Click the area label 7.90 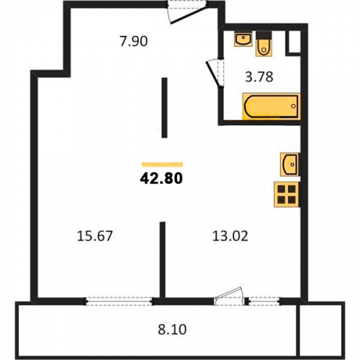tap(134, 41)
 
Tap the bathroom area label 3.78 tap(259, 77)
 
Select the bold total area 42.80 tap(161, 179)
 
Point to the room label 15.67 tap(94, 235)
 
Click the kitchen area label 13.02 tap(230, 235)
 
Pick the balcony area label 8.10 tap(172, 330)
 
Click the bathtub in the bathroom tap(271, 106)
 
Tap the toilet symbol tap(264, 44)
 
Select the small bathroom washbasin tap(243, 40)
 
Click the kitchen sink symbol tap(290, 164)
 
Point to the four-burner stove tap(287, 194)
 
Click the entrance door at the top tap(187, 12)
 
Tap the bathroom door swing tap(215, 73)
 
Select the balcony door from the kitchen tap(230, 297)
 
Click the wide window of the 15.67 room tap(119, 301)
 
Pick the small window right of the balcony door tap(264, 301)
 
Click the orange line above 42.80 tap(162, 164)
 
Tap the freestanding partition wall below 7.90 tap(164, 107)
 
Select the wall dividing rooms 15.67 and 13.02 tap(163, 260)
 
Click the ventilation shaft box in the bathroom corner tap(293, 42)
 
